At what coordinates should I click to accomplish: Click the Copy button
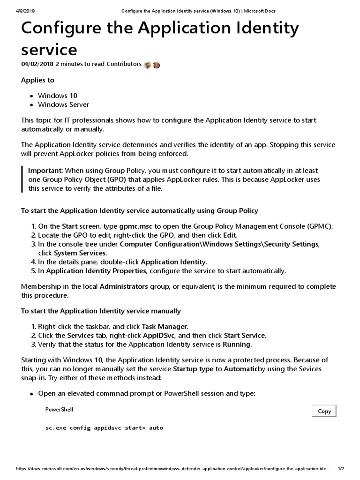tap(324, 411)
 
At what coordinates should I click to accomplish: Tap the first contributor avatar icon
tap(148, 65)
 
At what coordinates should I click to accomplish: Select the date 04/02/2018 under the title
tap(37, 64)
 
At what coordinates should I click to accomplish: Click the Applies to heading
tap(37, 80)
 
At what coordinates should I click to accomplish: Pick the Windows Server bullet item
tap(63, 105)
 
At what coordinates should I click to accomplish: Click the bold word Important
tap(45, 170)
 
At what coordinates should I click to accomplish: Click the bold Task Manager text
tap(165, 326)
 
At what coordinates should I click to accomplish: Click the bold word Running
tap(237, 345)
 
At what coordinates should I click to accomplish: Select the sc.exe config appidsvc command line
tap(104, 428)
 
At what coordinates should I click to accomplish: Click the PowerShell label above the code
tap(59, 410)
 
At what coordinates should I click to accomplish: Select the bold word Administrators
tap(124, 286)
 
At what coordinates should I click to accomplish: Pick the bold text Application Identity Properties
tap(96, 271)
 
